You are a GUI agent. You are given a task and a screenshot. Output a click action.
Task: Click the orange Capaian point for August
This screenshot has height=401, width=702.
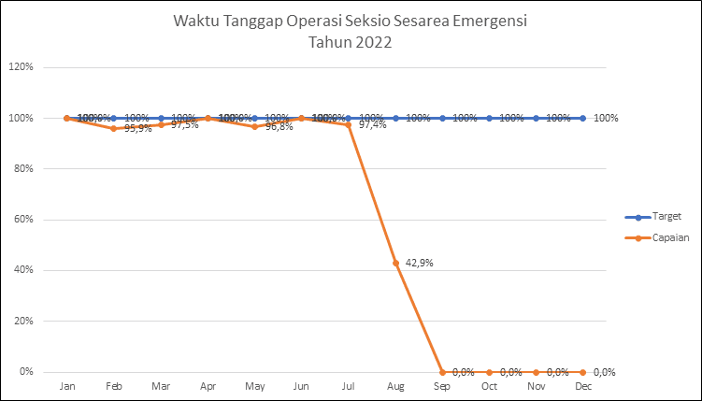395,263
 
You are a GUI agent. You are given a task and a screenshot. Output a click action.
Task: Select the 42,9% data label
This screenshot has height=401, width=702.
420,263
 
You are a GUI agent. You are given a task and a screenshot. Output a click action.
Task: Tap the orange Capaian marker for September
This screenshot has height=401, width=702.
442,372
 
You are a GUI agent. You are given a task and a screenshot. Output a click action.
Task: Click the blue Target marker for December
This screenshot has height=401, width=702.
583,118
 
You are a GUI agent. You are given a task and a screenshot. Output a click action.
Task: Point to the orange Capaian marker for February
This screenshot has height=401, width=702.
114,128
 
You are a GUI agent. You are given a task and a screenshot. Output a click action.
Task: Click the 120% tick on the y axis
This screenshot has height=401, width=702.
21,67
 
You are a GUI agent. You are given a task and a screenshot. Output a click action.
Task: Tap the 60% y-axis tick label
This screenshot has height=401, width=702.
21,220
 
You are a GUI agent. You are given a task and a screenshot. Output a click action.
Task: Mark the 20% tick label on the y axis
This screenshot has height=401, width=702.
21,321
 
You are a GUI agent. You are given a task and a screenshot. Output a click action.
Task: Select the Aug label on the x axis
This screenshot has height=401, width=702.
395,386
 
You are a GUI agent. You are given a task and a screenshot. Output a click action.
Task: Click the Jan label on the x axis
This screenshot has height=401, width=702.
67,386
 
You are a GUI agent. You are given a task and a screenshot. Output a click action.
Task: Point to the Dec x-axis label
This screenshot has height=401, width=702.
583,386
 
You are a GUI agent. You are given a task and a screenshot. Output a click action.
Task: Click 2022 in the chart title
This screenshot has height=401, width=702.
372,42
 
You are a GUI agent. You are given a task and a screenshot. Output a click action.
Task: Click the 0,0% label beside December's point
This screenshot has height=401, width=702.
605,372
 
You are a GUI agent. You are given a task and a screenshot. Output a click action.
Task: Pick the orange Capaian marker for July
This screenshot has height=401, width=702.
349,124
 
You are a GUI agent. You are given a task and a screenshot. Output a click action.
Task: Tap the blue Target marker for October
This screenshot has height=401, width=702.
489,118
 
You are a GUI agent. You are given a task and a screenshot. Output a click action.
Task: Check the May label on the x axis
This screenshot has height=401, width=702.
254,386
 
